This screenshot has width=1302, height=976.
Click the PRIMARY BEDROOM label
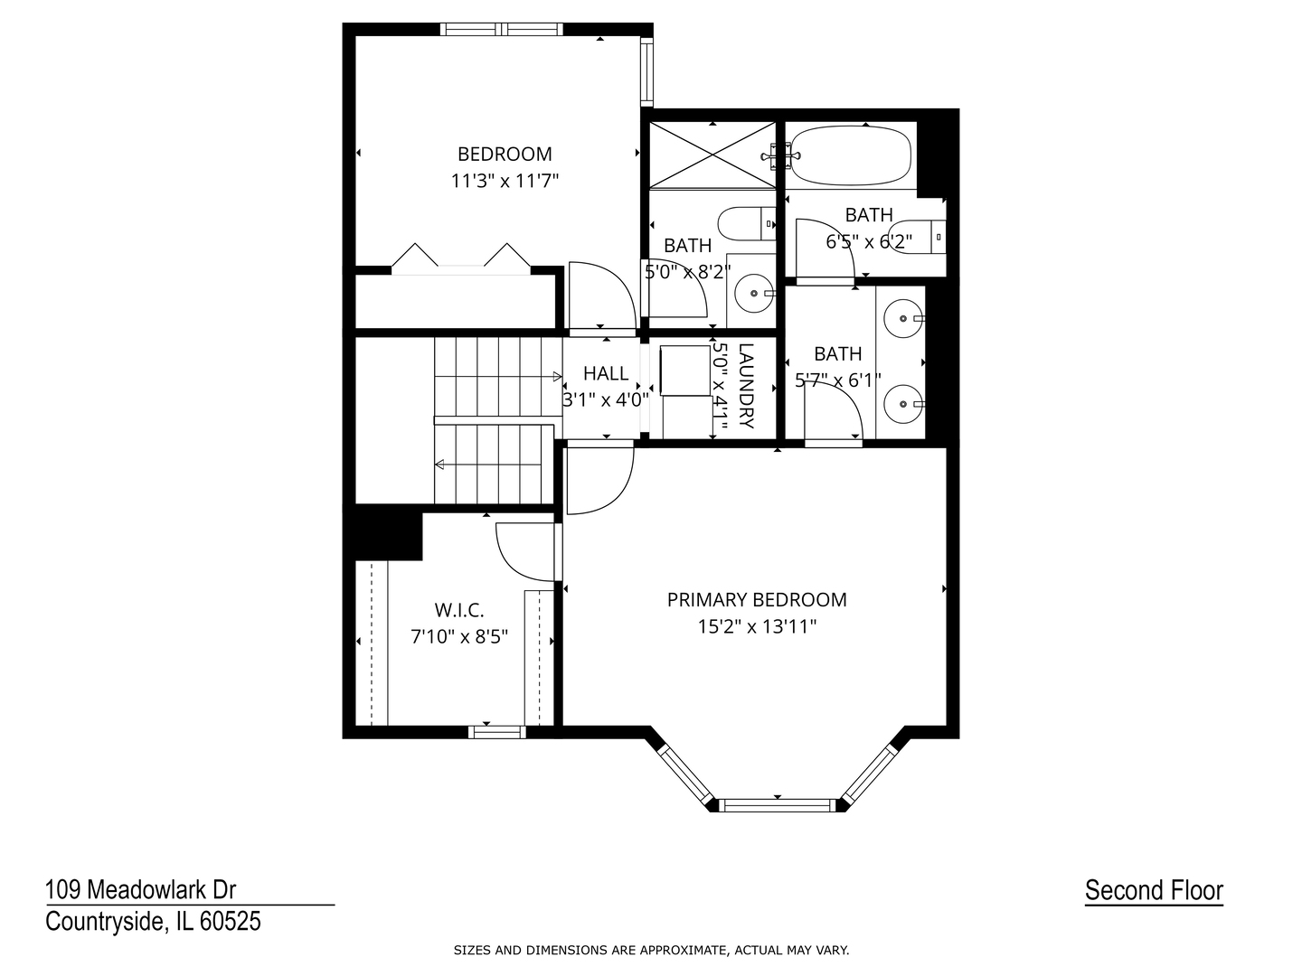coord(757,599)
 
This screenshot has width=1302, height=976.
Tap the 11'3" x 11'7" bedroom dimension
coord(505,181)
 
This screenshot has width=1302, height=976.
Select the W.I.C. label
coord(459,610)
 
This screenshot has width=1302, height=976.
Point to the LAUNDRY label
coord(746,386)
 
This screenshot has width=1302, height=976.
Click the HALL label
coord(606,373)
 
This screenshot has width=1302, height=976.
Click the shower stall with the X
coord(712,155)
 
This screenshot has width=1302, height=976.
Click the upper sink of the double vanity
coord(901,318)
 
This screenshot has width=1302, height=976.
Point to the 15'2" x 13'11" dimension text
coord(757,626)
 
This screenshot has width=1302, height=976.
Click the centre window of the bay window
coord(778,804)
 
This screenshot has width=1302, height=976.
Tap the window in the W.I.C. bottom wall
coord(496,732)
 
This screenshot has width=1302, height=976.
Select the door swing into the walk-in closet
coord(525,552)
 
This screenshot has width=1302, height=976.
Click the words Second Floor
coord(1154,890)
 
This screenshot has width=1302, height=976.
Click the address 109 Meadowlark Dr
coord(140,890)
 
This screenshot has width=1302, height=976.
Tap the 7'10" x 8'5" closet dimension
coord(459,636)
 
